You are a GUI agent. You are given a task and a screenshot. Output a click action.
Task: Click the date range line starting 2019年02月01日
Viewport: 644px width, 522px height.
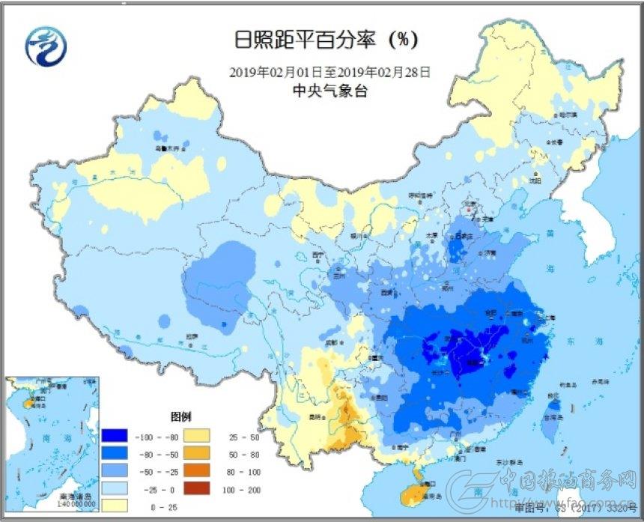point(329,73)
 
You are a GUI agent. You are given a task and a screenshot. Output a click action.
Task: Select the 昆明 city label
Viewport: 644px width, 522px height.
point(317,416)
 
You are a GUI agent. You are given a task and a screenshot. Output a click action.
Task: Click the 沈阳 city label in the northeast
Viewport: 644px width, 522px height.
point(534,180)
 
